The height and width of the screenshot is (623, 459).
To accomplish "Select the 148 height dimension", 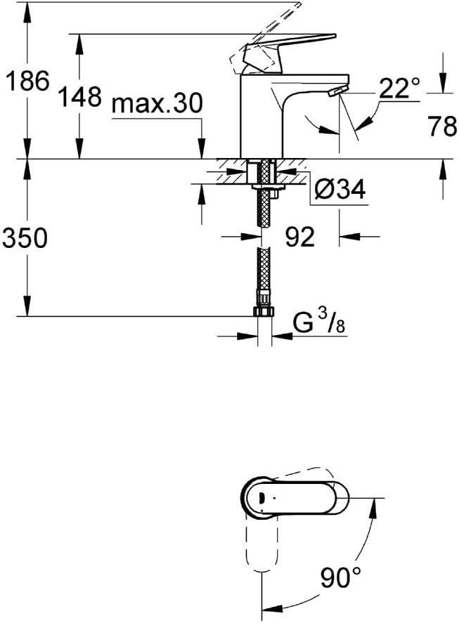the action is (80, 96).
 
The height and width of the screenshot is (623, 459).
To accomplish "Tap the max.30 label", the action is (157, 104).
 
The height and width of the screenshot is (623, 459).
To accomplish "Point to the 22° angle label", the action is (399, 88).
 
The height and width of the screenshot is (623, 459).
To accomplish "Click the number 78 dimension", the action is (443, 126).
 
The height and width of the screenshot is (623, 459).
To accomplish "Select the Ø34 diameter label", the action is (340, 189).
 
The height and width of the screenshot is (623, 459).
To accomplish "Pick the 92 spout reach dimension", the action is (300, 237).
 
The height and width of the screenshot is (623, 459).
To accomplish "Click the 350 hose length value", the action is (25, 239).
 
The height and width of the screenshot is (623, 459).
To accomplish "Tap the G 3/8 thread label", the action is (319, 322).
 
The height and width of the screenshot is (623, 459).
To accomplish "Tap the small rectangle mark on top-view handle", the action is (261, 497).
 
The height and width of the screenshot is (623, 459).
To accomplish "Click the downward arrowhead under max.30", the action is (202, 148).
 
